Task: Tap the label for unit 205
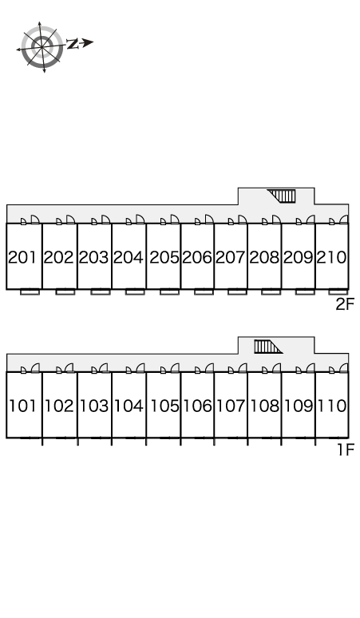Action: pos(164,257)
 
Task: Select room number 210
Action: pos(332,257)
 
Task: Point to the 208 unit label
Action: pos(264,257)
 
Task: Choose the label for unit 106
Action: pos(198,406)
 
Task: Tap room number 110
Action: pos(332,406)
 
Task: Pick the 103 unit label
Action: pos(94,406)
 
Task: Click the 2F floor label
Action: pos(345,304)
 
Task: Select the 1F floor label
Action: pos(346,450)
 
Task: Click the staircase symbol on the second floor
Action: pos(282,196)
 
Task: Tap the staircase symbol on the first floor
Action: pos(268,347)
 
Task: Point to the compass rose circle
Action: pos(42,46)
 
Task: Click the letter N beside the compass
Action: pos(72,44)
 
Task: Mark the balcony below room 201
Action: pos(30,292)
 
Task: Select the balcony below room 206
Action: pos(204,292)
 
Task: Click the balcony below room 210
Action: pos(338,292)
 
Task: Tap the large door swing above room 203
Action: pos(105,220)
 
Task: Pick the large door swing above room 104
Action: pos(140,368)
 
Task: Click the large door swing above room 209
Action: pos(311,220)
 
